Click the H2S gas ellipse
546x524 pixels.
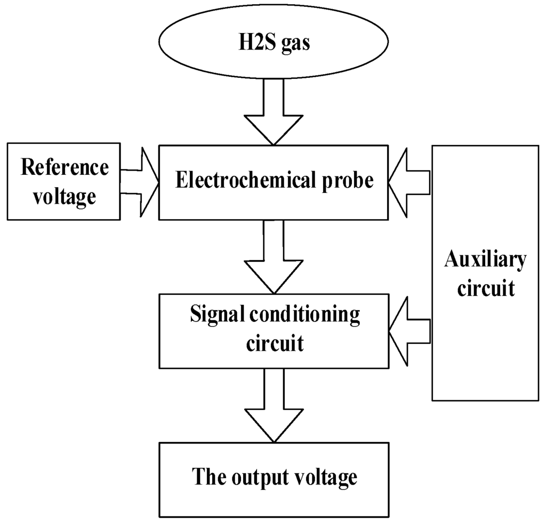(273, 43)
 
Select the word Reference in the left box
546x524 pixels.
(65, 168)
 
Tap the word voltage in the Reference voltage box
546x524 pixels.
(65, 196)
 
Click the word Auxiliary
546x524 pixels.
(485, 260)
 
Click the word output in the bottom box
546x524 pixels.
(262, 477)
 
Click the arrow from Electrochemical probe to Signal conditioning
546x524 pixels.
(274, 256)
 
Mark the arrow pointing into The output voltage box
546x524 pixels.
(274, 405)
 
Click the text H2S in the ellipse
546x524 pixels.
(254, 43)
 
